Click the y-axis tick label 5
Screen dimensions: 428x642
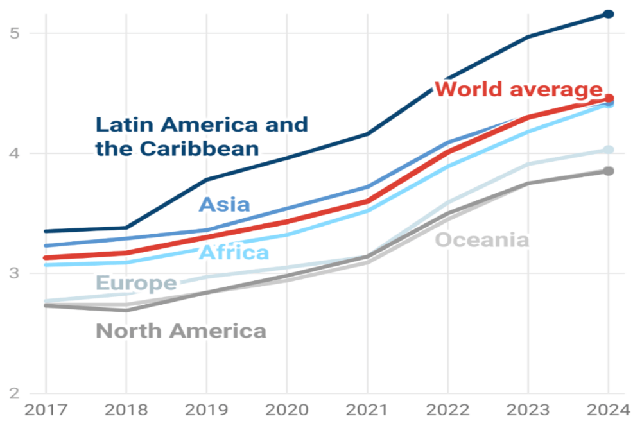tap(13, 33)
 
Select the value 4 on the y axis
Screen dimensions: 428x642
tap(13, 153)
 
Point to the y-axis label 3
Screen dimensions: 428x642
tap(13, 273)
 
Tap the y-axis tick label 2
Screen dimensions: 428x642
tap(13, 393)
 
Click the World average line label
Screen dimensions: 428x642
tap(519, 89)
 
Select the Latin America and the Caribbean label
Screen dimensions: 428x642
tap(202, 136)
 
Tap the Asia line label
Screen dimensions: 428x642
tap(224, 205)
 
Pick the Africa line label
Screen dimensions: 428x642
tap(234, 252)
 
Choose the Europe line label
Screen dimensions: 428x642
tap(136, 283)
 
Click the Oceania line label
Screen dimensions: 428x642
tap(482, 240)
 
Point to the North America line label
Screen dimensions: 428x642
tap(180, 331)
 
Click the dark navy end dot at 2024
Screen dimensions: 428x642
tap(609, 14)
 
